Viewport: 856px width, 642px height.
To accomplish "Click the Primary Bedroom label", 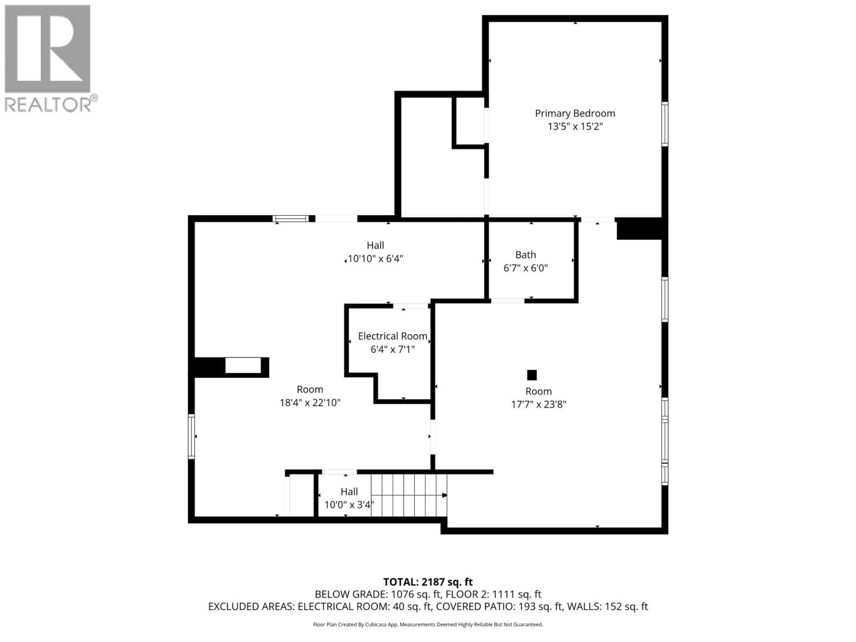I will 575,113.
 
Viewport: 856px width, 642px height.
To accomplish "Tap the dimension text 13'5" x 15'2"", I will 575,127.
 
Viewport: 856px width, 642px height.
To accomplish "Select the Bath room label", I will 525,255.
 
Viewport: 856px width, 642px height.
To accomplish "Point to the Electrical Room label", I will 392,336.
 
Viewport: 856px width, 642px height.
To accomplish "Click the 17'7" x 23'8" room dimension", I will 538,404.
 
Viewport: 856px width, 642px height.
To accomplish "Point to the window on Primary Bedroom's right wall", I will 665,124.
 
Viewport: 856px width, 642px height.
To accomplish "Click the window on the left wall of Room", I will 191,436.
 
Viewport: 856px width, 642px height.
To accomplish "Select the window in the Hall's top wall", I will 291,219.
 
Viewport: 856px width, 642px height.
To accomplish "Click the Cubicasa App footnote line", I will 428,624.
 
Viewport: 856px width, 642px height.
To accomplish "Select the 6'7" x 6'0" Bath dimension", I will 525,268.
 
